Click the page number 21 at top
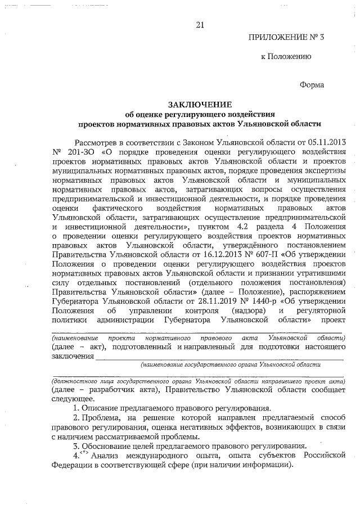click(200, 25)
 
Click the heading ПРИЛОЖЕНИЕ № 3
click(287, 38)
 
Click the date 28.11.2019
click(208, 301)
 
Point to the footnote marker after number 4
click(84, 455)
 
